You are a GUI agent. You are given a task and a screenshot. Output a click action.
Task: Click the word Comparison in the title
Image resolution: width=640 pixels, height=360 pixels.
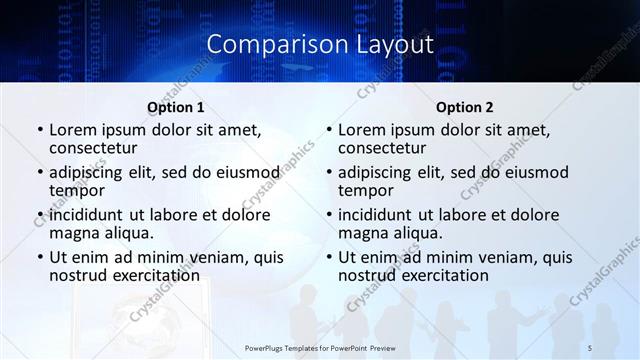click(265, 45)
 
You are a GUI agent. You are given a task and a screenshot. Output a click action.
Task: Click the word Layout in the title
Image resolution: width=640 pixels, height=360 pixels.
click(386, 45)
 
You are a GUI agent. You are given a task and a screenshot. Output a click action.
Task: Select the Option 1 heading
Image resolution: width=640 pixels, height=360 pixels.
click(176, 107)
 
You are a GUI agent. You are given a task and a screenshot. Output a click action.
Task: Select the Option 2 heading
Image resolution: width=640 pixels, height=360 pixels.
click(465, 107)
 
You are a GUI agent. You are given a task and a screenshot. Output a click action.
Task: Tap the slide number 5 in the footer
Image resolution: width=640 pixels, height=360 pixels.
click(590, 347)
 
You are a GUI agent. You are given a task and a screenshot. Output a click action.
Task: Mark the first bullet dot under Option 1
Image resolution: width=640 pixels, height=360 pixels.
click(40, 130)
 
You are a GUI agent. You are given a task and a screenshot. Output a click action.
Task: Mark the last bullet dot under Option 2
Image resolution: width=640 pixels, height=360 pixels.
click(329, 257)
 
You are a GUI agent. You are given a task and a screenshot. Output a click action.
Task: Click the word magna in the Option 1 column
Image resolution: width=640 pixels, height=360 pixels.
click(74, 233)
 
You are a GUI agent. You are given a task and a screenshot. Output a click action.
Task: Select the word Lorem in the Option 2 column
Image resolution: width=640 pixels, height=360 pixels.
click(362, 130)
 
